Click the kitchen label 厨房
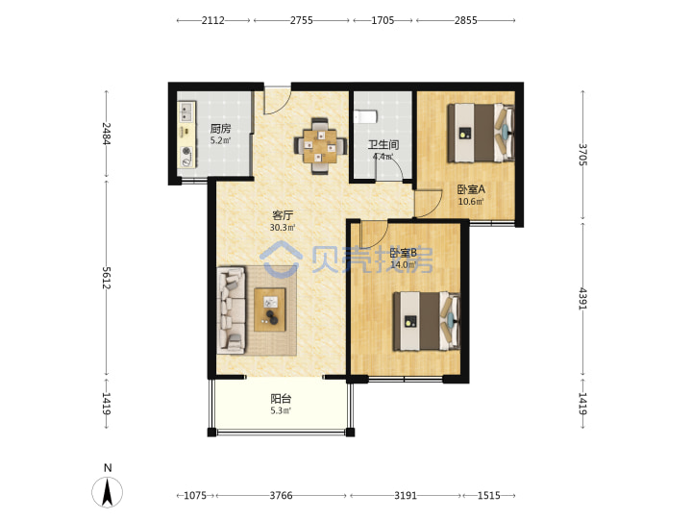(x=220, y=129)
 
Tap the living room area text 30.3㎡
(x=283, y=228)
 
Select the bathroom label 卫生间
(x=383, y=145)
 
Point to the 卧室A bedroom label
(x=471, y=189)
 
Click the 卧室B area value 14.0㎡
(x=404, y=265)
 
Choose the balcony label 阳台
(x=281, y=399)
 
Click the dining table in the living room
(x=320, y=146)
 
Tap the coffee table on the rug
(x=270, y=309)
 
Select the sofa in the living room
(x=231, y=309)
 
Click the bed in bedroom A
(x=482, y=133)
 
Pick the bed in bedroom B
(x=427, y=321)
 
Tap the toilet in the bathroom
(x=366, y=116)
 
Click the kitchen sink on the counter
(x=186, y=111)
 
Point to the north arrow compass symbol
(x=108, y=491)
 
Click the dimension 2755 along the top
(x=302, y=20)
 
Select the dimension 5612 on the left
(x=107, y=278)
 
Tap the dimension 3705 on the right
(x=583, y=155)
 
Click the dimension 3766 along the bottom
(x=281, y=496)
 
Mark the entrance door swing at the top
(x=278, y=101)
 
